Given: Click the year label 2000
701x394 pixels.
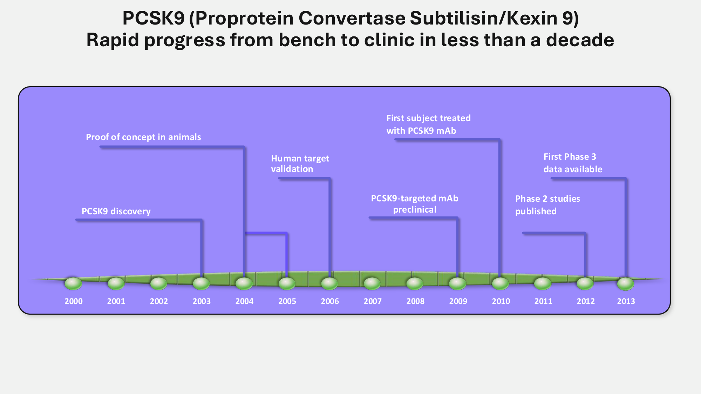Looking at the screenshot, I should tap(74, 301).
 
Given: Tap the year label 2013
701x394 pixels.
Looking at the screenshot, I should tap(626, 301).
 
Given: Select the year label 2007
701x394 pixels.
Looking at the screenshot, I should tap(373, 301).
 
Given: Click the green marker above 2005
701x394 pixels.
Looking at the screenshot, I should tap(287, 284).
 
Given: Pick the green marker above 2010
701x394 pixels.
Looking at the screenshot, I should tap(501, 284).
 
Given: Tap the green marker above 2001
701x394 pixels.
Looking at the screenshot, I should tap(116, 284).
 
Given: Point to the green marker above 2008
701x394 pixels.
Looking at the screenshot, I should tap(415, 284).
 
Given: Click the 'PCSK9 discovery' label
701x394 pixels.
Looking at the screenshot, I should tap(116, 211).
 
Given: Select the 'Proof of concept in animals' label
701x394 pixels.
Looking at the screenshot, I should tap(143, 137).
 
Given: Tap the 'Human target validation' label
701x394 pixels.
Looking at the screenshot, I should tap(300, 164).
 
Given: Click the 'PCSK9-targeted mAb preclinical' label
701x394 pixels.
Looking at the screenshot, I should tap(415, 204).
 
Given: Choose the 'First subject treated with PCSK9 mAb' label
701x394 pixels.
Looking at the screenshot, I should tap(428, 124).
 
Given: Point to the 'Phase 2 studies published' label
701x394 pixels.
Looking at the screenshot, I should tap(547, 205).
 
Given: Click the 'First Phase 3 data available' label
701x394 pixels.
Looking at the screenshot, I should tap(573, 163).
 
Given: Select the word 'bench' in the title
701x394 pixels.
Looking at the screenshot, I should tap(307, 40).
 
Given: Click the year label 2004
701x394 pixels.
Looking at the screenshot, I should tap(244, 301).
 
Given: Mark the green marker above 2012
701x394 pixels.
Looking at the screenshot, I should tap(585, 284).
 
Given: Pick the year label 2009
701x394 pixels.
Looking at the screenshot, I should tap(458, 301).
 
